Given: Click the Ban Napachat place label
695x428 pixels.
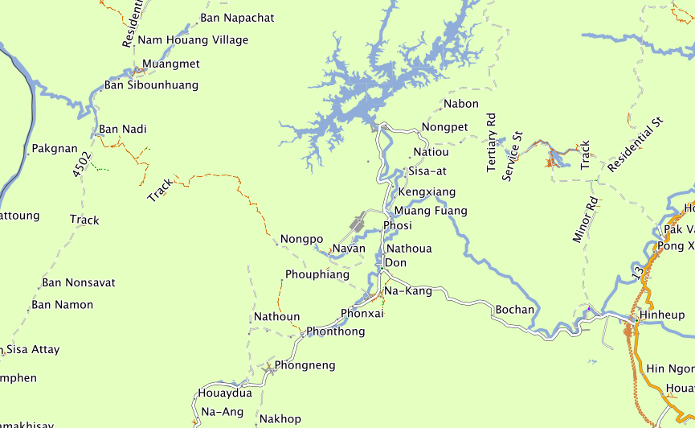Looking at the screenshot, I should (237, 18).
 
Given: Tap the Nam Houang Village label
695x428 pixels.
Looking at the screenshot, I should (194, 40).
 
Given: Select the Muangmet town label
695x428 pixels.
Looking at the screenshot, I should (171, 64).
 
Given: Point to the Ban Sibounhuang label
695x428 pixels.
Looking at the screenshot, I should (151, 85).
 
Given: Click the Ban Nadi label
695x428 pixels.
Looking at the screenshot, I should (123, 130).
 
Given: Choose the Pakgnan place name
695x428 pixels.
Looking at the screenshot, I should (55, 149).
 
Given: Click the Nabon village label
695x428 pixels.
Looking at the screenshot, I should (461, 104).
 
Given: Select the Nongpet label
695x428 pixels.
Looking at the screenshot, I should (445, 128).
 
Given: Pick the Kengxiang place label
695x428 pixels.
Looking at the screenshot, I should (427, 192).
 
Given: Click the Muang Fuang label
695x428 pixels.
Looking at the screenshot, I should (431, 212).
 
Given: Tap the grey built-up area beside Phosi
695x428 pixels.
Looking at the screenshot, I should (357, 223).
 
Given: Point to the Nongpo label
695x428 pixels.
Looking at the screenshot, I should (301, 240).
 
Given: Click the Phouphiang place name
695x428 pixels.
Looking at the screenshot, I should (317, 275).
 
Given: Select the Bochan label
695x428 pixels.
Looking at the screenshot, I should (515, 310).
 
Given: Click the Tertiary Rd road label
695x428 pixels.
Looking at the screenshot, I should (493, 142).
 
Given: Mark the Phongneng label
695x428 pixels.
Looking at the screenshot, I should (305, 366).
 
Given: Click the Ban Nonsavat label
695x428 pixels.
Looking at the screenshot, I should (79, 283).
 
